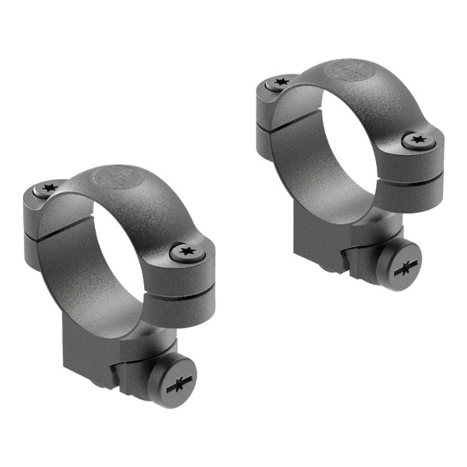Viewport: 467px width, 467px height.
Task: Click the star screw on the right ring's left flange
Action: click(279, 82)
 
